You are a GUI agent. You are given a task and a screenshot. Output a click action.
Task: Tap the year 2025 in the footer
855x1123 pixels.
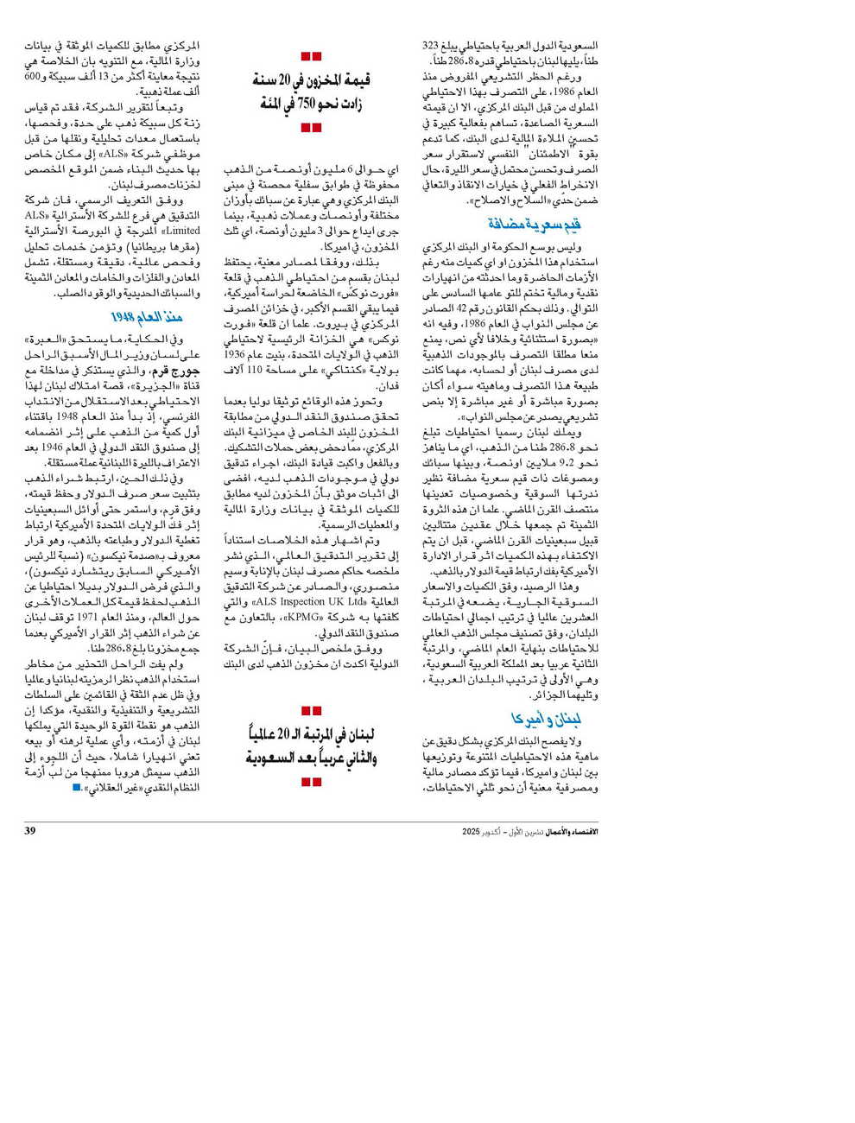click(471, 831)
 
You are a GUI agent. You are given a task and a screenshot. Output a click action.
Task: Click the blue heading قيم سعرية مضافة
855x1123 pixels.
click(534, 225)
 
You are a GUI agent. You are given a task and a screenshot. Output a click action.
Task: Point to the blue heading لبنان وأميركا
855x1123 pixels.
click(545, 719)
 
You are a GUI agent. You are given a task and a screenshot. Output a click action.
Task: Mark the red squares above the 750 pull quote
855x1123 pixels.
click(311, 56)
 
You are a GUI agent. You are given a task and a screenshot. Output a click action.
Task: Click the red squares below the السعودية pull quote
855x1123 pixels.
click(311, 782)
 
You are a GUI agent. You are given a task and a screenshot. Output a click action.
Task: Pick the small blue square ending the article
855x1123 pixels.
click(77, 787)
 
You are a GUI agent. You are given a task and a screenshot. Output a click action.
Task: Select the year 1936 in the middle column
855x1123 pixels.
click(234, 353)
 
